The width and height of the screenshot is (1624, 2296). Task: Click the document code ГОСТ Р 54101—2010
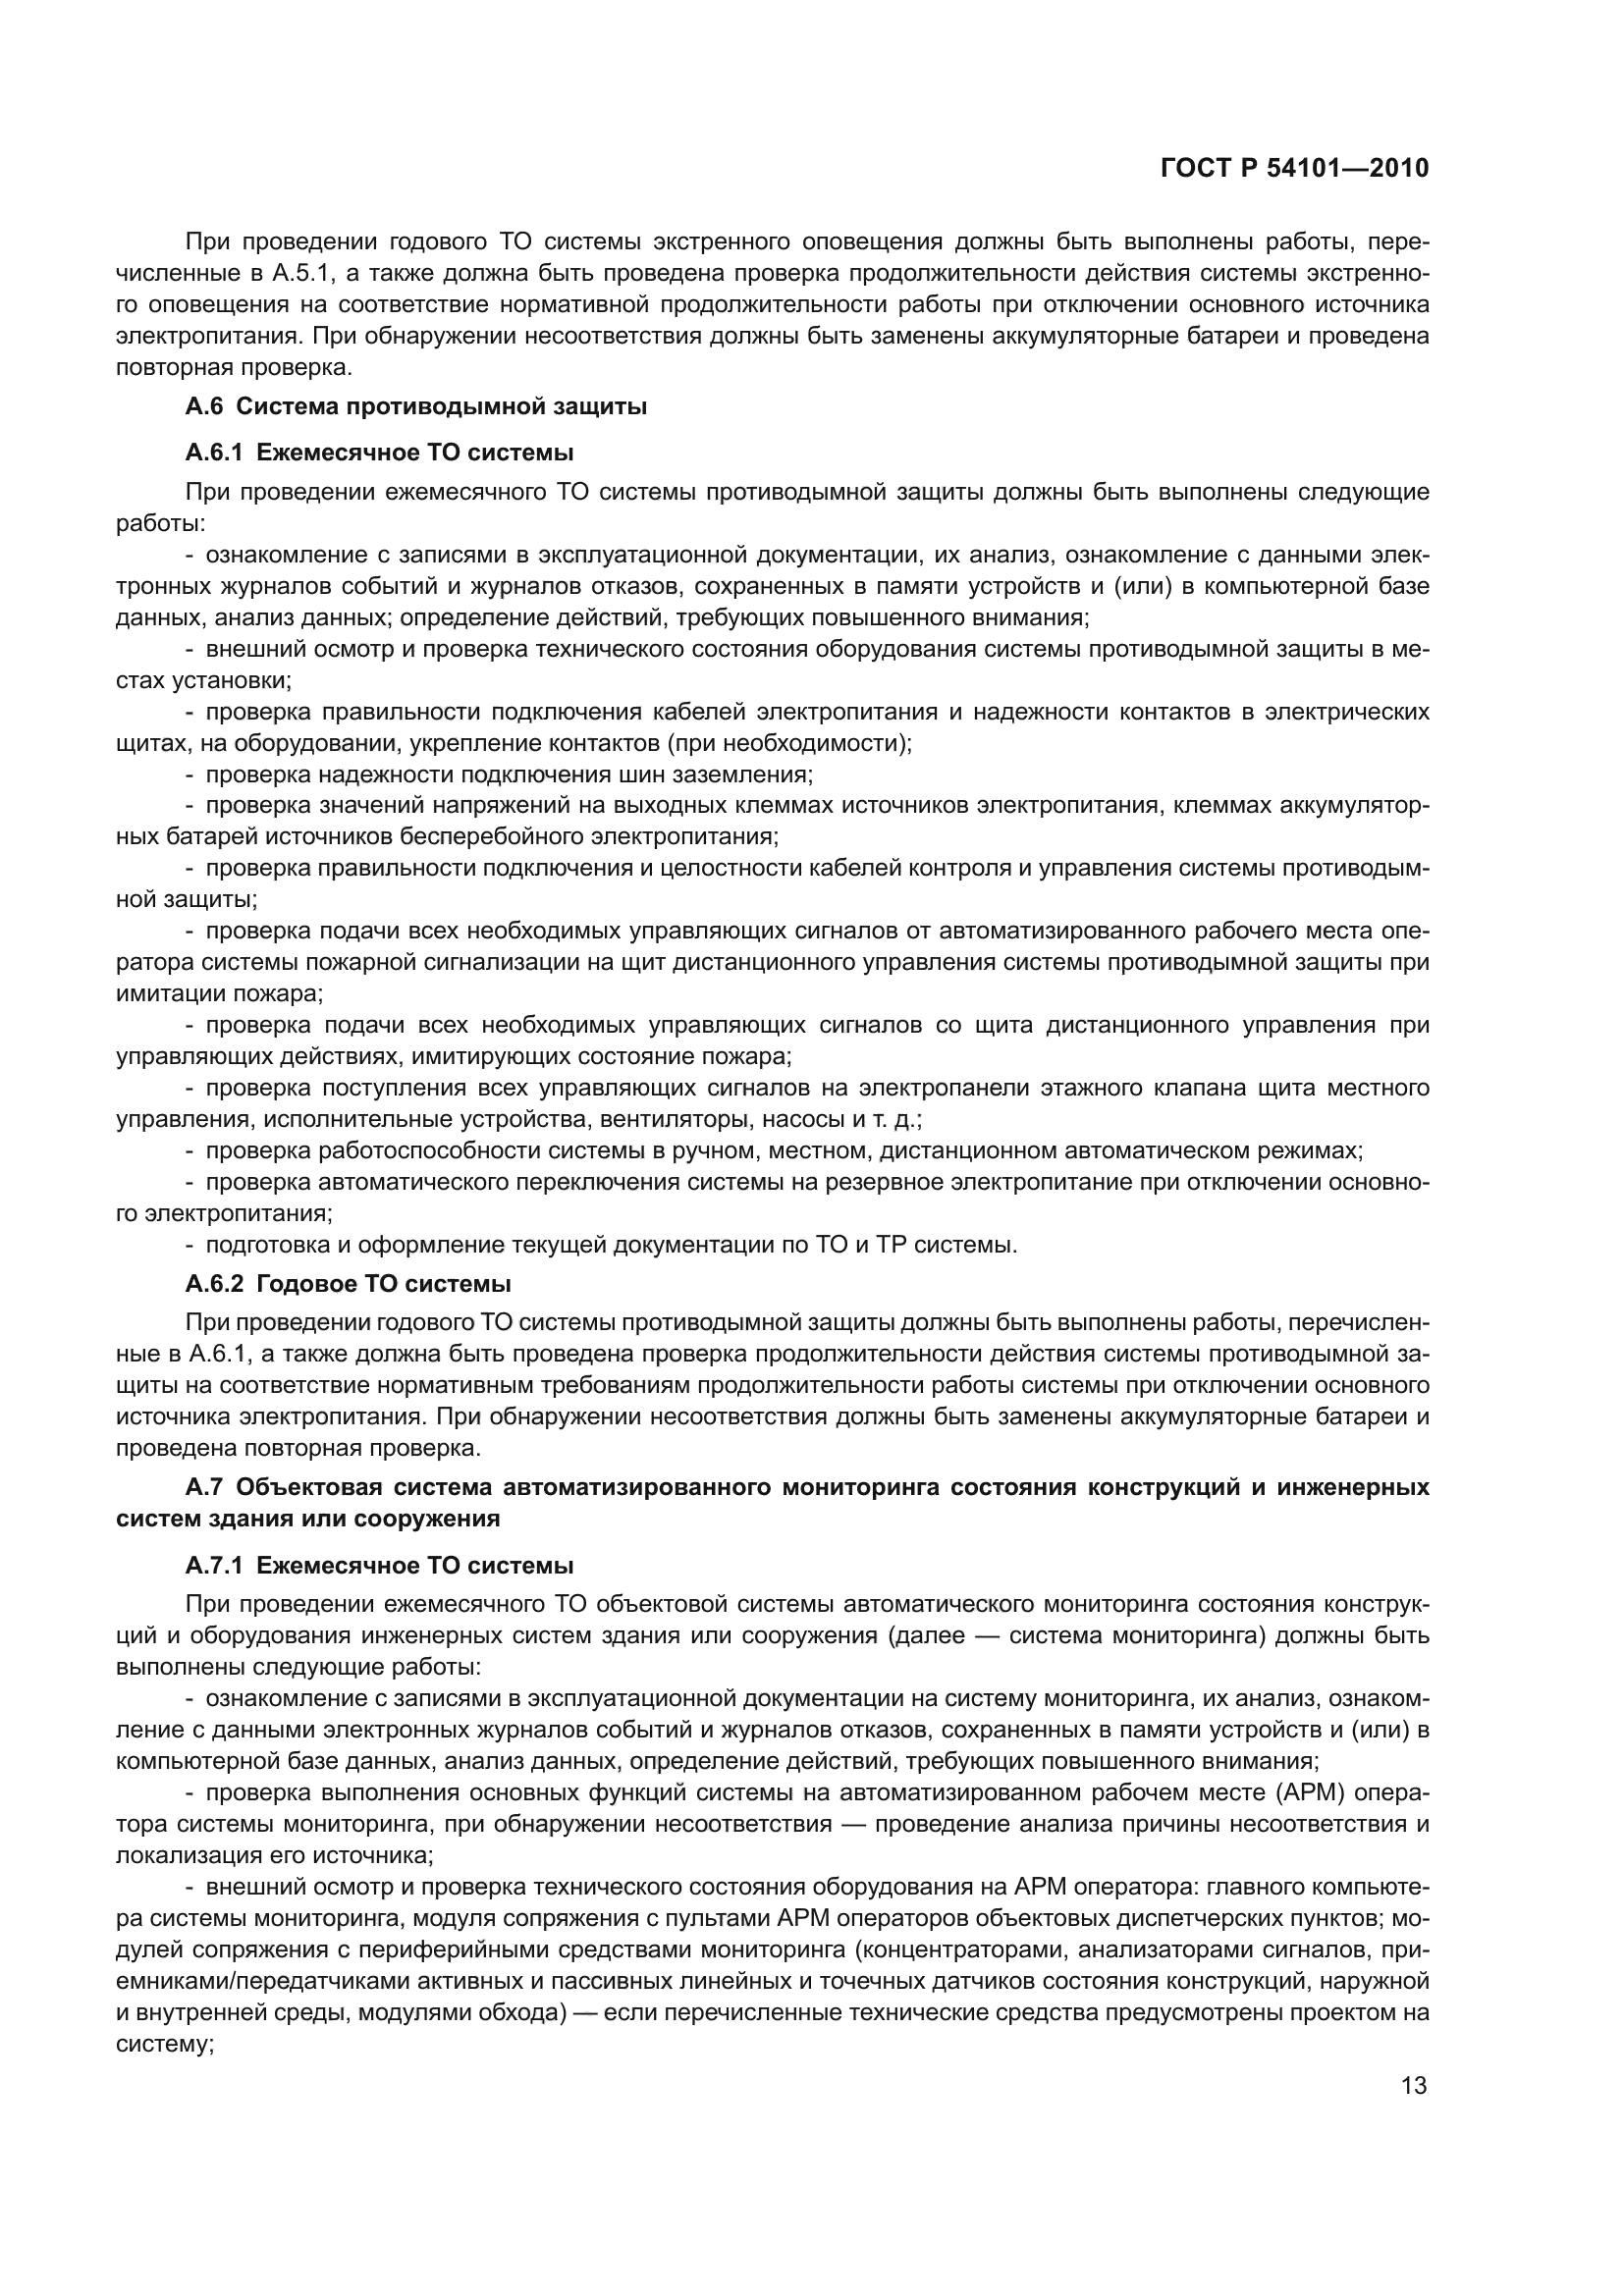pyautogui.click(x=1294, y=169)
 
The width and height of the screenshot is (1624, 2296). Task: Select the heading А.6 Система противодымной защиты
pyautogui.click(x=416, y=407)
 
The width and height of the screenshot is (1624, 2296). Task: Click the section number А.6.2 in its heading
pyautogui.click(x=215, y=1284)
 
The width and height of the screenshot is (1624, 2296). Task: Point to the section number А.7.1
pyautogui.click(x=215, y=1566)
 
